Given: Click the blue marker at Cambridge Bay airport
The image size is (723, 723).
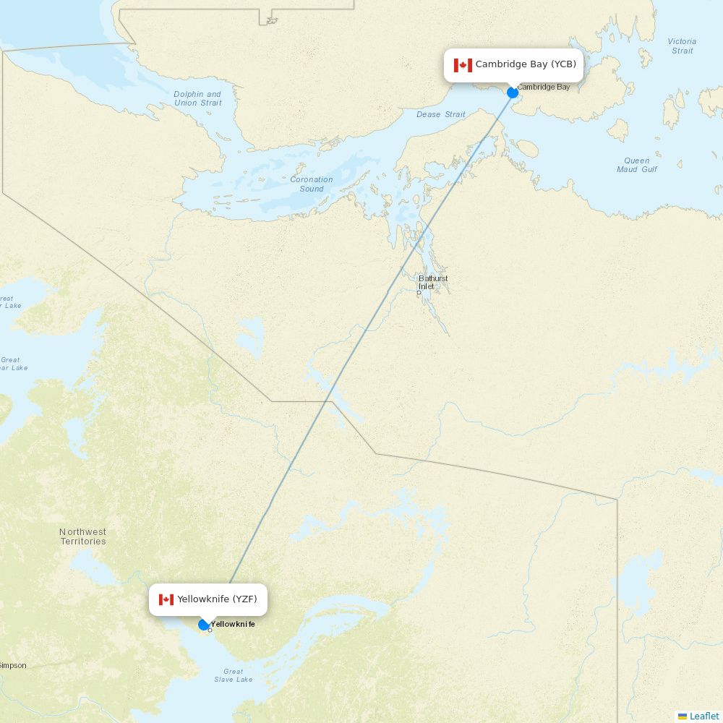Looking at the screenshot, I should click(513, 93).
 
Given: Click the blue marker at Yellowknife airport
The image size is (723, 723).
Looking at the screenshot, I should click(204, 625).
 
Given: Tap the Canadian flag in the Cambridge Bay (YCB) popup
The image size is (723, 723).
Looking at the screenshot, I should click(463, 65).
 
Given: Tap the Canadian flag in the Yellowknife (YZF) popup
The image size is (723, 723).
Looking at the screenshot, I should click(166, 599).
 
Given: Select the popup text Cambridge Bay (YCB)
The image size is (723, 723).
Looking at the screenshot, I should click(526, 64).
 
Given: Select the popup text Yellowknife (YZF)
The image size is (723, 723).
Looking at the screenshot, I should click(217, 599).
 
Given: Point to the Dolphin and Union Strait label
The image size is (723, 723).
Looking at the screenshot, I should click(197, 98).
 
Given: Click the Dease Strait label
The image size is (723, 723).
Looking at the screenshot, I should click(441, 114).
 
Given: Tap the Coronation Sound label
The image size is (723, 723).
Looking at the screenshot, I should click(312, 184).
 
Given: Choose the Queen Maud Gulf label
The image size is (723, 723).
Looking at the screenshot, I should click(637, 165).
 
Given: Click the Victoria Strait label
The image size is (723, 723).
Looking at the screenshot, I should click(682, 46).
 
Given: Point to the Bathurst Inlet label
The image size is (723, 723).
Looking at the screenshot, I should click(433, 282).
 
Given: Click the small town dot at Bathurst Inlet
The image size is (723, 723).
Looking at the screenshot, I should click(419, 292).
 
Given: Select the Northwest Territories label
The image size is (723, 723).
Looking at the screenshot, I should click(82, 536).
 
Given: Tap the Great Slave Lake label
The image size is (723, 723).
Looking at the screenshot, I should click(234, 675).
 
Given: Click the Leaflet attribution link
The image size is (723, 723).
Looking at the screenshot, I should click(704, 716).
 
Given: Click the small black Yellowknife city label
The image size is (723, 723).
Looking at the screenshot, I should click(234, 624).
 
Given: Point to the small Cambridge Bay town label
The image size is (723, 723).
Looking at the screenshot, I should click(544, 87).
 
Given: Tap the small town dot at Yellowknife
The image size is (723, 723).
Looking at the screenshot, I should click(210, 630).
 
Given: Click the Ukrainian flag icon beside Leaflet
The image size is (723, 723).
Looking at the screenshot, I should click(683, 716).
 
